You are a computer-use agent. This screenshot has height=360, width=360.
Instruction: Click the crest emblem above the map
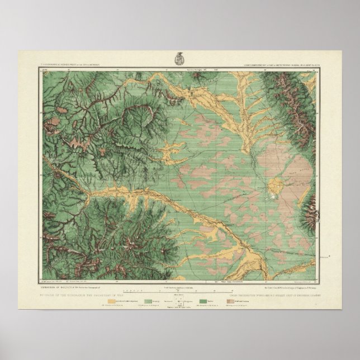[180, 58]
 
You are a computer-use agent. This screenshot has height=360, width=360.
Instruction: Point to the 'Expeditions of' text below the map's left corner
[67, 285]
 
